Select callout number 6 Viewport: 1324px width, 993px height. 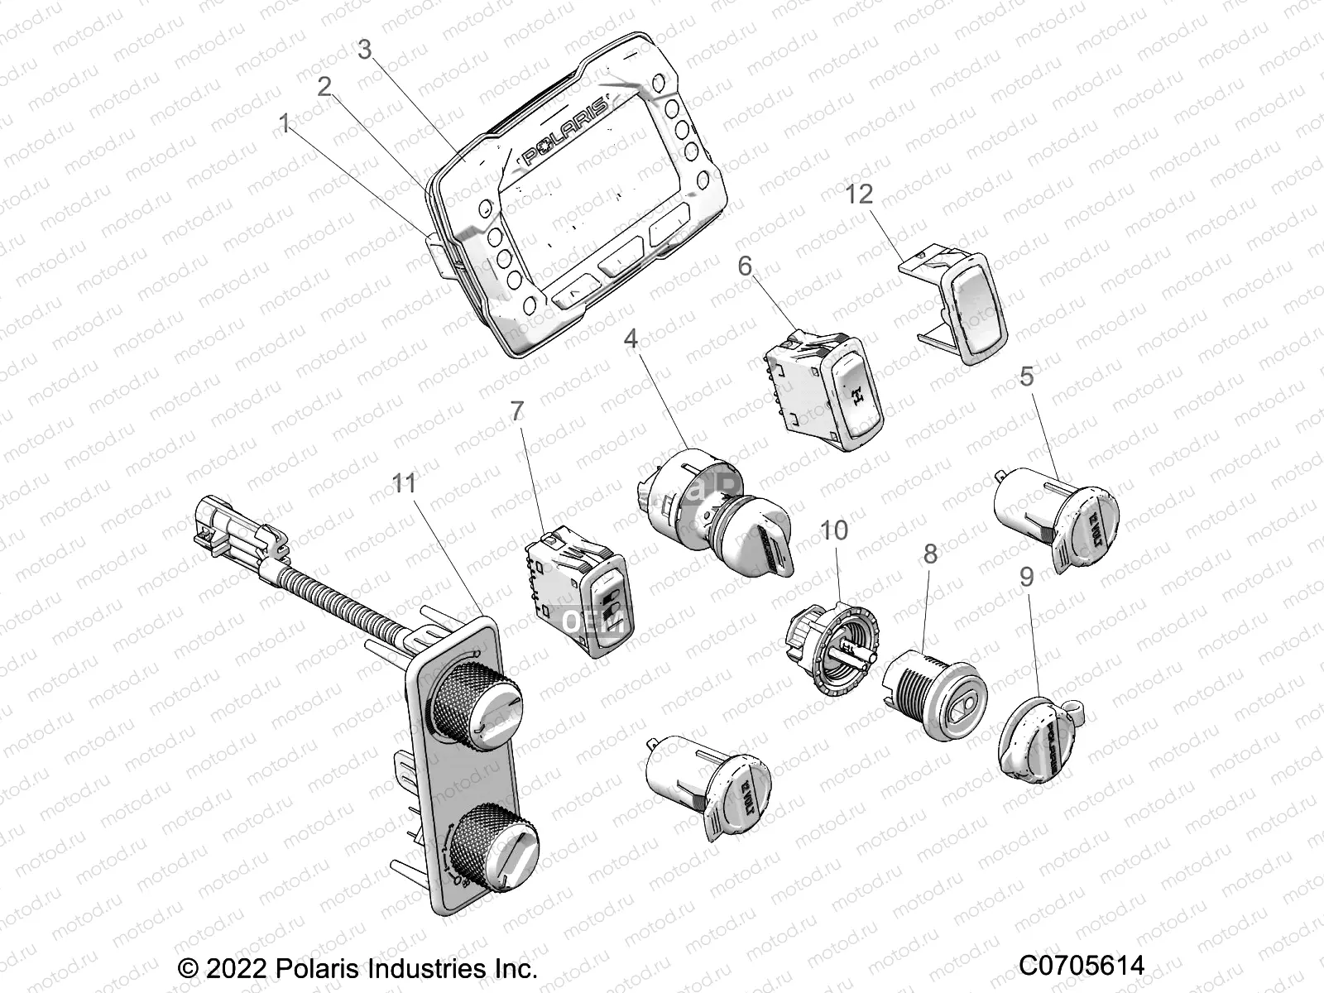coord(746,266)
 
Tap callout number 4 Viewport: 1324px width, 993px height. coord(654,338)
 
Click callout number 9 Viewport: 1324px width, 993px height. coord(1027,577)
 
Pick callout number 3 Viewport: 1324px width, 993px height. coord(365,49)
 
